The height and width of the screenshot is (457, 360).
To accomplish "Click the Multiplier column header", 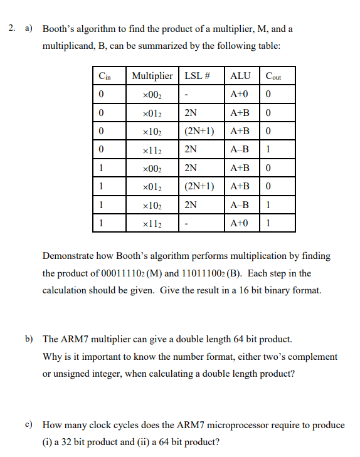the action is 152,76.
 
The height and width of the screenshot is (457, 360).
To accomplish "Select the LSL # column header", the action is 196,76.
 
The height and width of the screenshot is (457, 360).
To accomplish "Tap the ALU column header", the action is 240,76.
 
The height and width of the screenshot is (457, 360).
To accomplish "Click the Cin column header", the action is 105,77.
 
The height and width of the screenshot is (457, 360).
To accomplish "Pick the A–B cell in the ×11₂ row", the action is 240,150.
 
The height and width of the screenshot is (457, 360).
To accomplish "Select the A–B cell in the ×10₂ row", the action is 240,204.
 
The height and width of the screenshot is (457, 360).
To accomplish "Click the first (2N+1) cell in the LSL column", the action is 200,132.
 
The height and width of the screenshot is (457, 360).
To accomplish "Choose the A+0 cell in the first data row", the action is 240,95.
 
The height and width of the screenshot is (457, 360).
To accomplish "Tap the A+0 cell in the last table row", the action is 240,223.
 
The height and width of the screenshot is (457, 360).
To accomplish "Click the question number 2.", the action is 12,29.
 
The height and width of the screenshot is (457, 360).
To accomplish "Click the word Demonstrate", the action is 71,256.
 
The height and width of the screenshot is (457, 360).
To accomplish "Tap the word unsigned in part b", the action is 70,374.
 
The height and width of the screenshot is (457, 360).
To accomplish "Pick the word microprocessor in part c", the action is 241,425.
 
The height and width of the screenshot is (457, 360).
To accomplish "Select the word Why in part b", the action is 51,357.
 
